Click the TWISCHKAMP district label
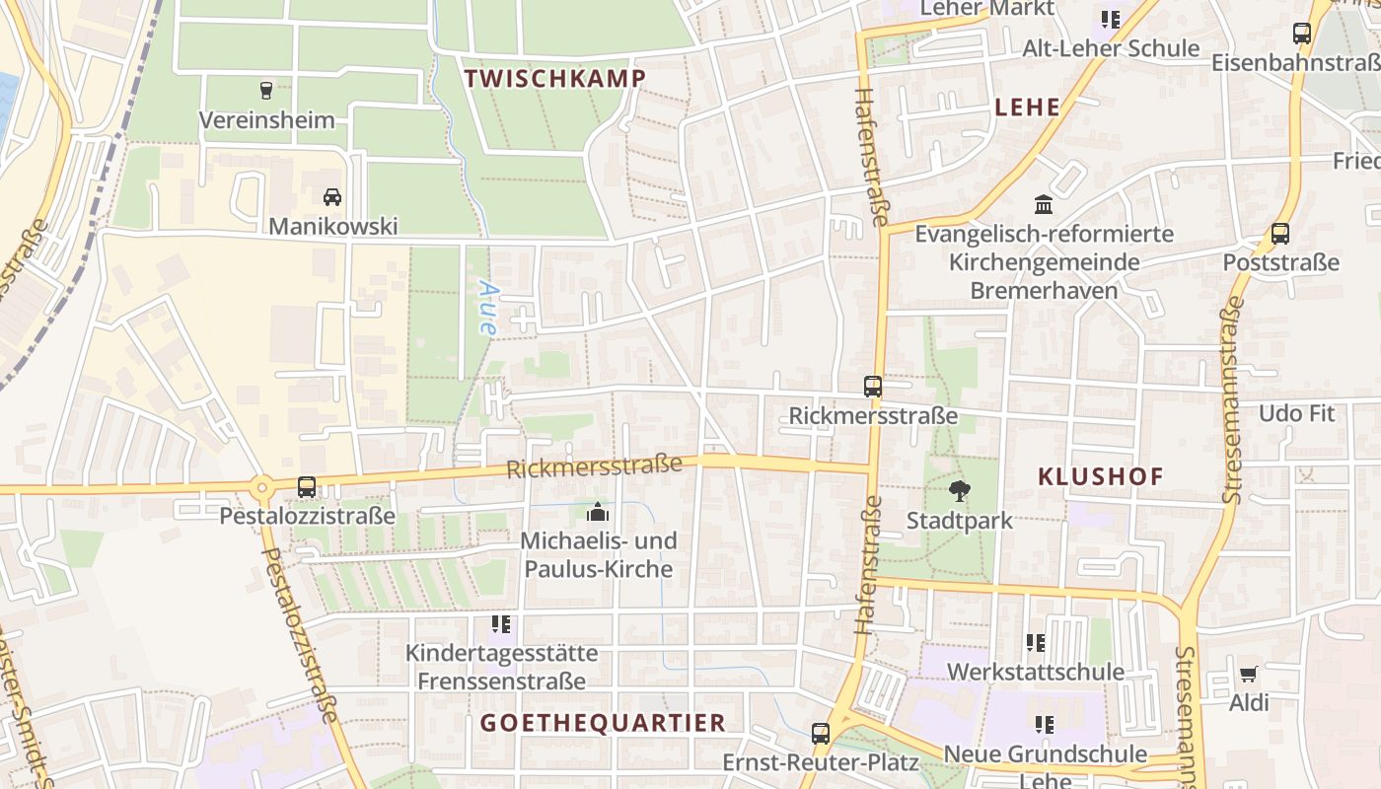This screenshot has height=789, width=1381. (555, 79)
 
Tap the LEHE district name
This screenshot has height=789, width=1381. (1028, 108)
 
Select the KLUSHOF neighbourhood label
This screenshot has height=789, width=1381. (1101, 477)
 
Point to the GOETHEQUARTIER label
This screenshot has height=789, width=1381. (603, 723)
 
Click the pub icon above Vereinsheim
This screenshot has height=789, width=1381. (265, 91)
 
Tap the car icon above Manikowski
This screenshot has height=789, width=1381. (332, 197)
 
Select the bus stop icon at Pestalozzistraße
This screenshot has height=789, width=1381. (307, 486)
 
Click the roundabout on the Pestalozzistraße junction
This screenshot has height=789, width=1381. (261, 487)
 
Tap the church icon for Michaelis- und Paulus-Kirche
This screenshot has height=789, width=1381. (598, 512)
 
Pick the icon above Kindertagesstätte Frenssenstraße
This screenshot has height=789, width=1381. (501, 624)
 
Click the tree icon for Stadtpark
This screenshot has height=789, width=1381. (959, 490)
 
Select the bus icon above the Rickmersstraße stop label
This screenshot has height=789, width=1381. (873, 386)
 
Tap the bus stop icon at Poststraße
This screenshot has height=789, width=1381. (1280, 234)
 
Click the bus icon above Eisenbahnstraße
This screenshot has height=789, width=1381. (1302, 34)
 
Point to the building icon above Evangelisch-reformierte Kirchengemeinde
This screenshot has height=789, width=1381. (1044, 204)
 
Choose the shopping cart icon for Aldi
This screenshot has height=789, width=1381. (1249, 675)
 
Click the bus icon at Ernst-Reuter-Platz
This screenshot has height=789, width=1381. (821, 733)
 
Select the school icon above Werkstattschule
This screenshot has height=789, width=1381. (1035, 643)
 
